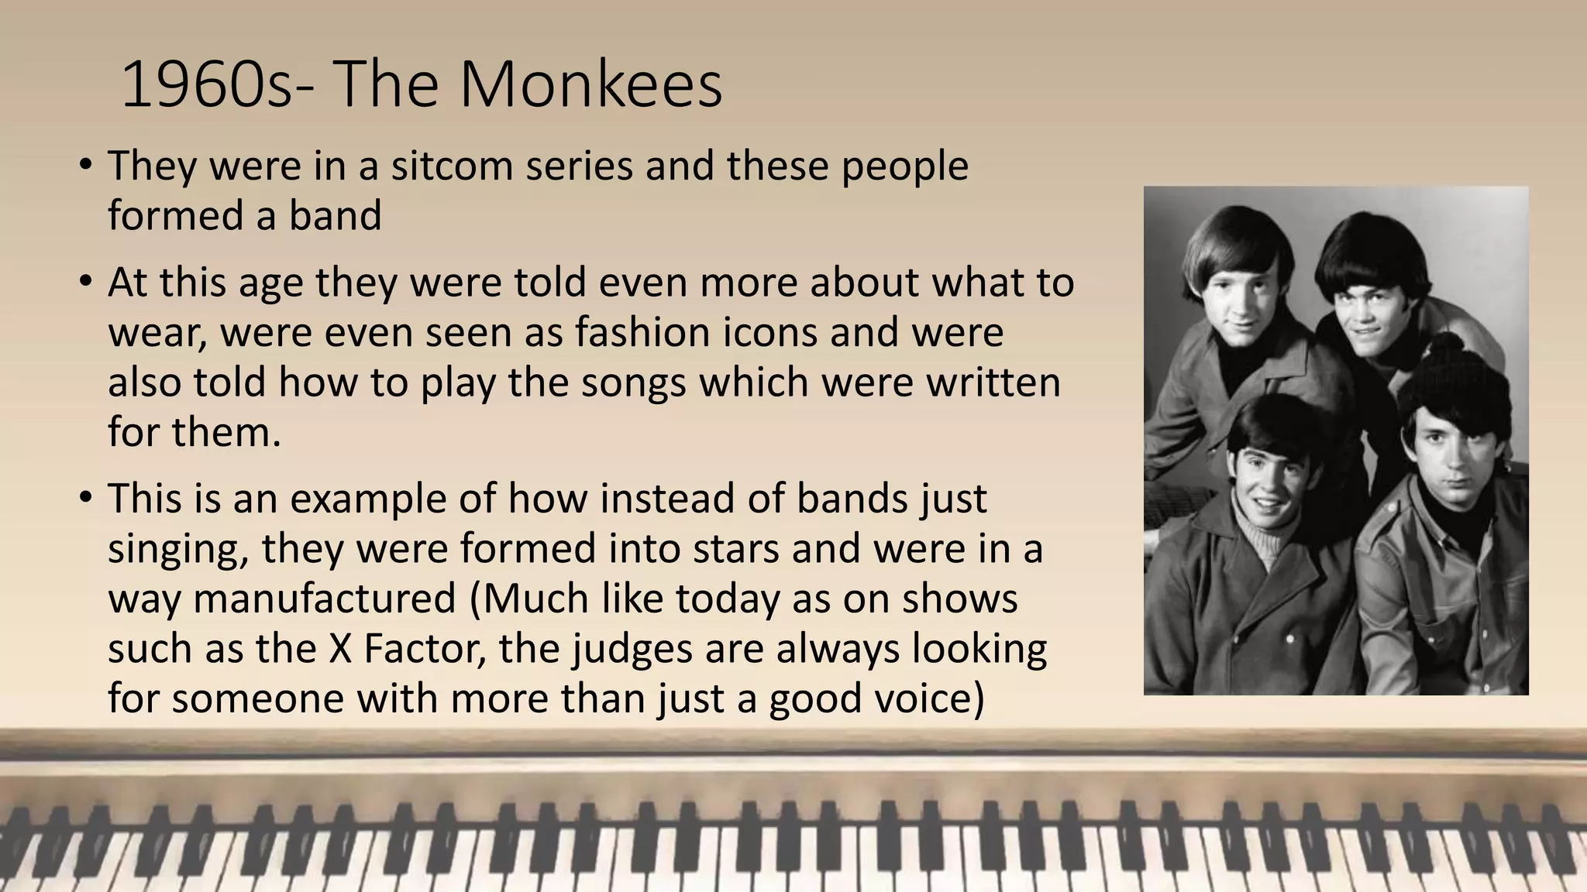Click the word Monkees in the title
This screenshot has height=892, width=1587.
coord(590,84)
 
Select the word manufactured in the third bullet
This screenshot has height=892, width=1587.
coord(325,598)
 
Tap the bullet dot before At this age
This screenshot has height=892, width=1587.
coord(86,280)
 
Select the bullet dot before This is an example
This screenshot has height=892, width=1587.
coord(86,496)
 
